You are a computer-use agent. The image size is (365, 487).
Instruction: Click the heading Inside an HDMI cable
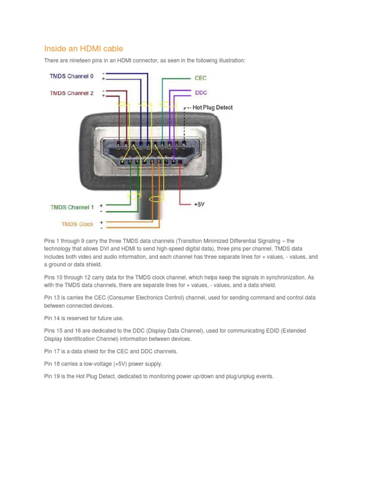[x=84, y=49]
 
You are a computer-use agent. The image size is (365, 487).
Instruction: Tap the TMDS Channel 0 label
[x=72, y=76]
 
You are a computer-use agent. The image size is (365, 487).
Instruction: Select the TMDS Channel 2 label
[x=72, y=93]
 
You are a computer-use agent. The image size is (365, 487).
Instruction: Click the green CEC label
[x=201, y=78]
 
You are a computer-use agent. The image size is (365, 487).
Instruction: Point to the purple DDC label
[x=201, y=93]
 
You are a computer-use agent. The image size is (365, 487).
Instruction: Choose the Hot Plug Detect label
[x=212, y=107]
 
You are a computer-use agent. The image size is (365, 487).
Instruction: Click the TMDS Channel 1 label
[x=72, y=207]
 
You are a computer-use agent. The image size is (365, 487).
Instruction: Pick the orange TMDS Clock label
[x=77, y=224]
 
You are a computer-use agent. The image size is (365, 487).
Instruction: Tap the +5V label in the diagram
[x=199, y=204]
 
